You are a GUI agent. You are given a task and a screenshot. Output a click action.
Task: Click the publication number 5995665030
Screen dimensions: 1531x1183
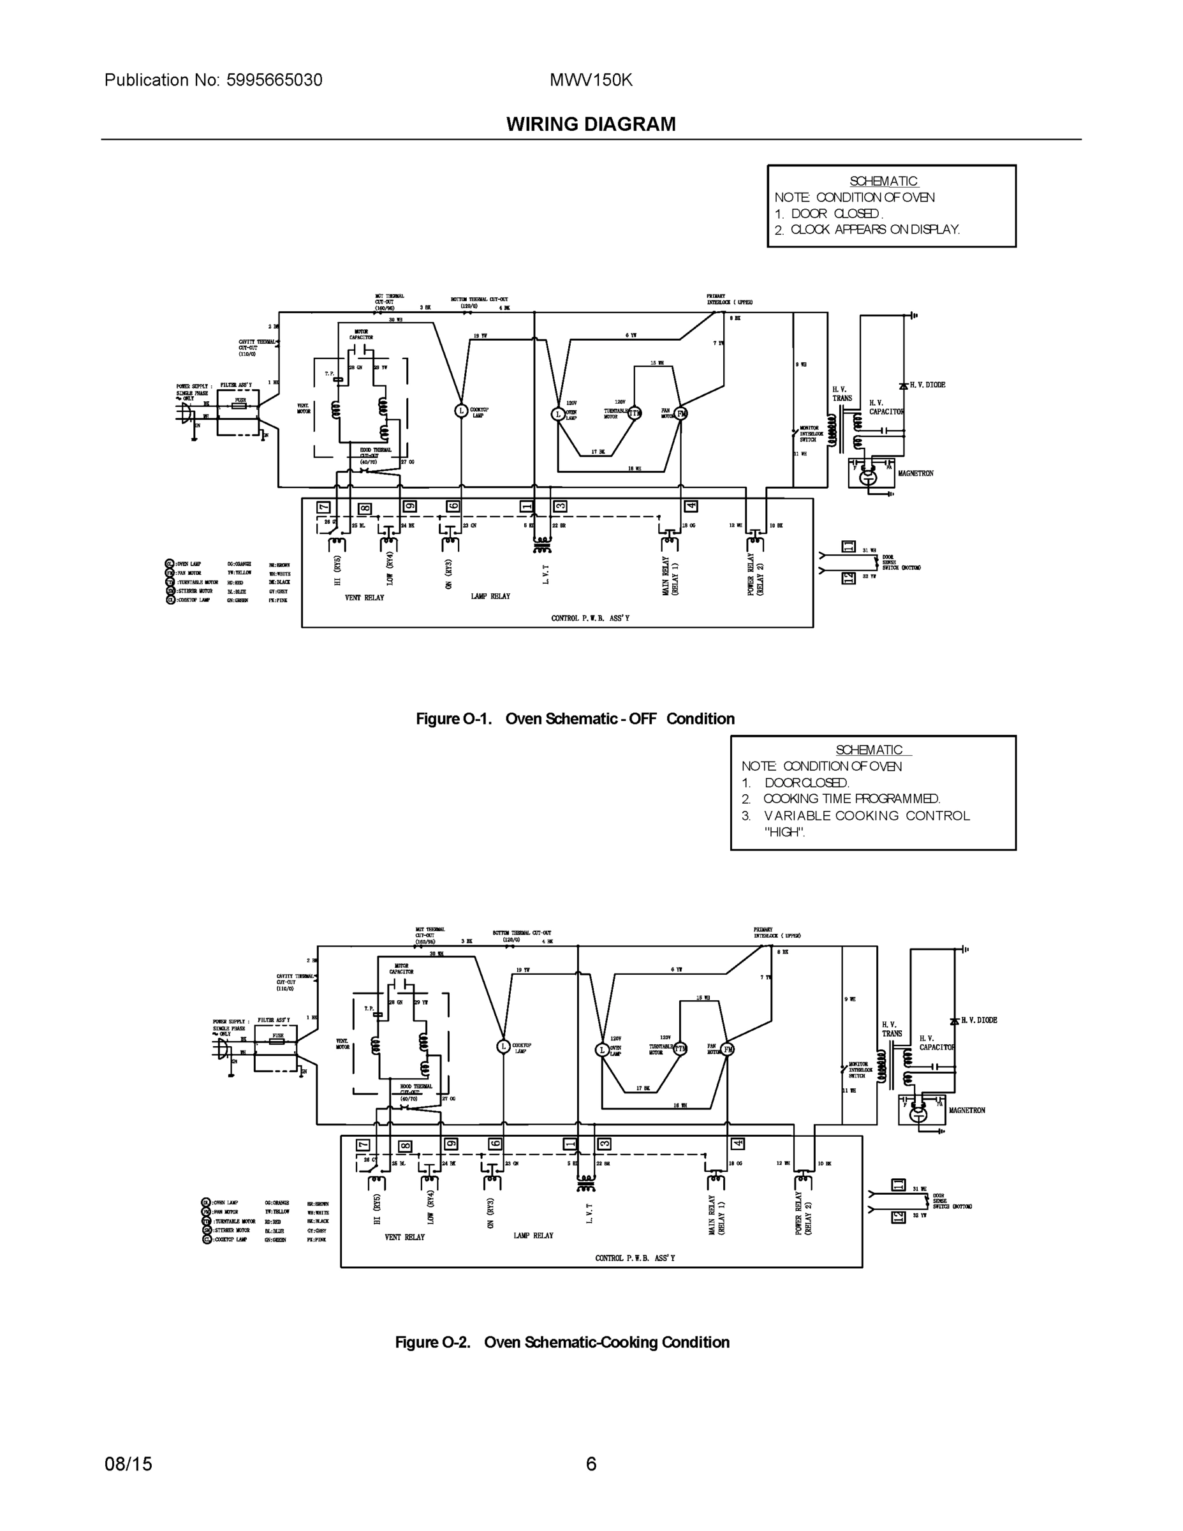274,80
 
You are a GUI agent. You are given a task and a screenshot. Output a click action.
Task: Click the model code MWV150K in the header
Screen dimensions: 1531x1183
591,80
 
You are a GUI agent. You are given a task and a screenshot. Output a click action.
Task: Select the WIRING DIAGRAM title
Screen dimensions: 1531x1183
591,124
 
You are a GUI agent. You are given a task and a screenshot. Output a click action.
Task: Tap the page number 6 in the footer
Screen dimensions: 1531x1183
591,1464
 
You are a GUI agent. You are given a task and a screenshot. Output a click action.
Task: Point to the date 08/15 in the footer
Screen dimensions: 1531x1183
128,1464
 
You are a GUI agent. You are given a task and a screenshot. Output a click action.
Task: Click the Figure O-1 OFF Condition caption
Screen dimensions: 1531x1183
575,718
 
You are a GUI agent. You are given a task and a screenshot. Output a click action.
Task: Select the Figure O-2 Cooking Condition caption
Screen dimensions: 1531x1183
562,1342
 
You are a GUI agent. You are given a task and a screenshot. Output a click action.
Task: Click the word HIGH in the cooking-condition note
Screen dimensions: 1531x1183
784,832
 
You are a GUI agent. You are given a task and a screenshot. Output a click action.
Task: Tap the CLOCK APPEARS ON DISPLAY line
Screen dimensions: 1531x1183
874,229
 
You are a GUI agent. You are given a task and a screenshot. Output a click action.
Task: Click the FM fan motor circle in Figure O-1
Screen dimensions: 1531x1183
681,413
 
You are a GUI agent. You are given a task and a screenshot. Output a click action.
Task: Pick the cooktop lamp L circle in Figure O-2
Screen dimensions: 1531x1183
503,1047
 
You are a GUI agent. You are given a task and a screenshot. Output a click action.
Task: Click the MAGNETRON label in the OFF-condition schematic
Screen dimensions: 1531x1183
915,473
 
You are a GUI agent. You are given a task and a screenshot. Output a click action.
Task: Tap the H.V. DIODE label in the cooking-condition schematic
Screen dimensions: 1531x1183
978,1020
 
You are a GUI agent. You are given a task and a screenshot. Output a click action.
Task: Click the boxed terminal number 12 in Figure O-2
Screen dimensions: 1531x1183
898,1218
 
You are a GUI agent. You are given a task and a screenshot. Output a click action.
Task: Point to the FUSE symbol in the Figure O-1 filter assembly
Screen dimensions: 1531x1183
240,405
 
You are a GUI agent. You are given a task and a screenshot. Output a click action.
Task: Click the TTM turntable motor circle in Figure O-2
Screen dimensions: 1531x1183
680,1049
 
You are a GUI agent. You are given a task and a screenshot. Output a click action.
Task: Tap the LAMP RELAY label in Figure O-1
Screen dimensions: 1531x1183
490,596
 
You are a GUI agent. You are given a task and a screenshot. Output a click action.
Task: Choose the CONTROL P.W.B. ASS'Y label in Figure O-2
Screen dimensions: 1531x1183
635,1257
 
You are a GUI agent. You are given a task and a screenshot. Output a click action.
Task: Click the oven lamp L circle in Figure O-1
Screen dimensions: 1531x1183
559,413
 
